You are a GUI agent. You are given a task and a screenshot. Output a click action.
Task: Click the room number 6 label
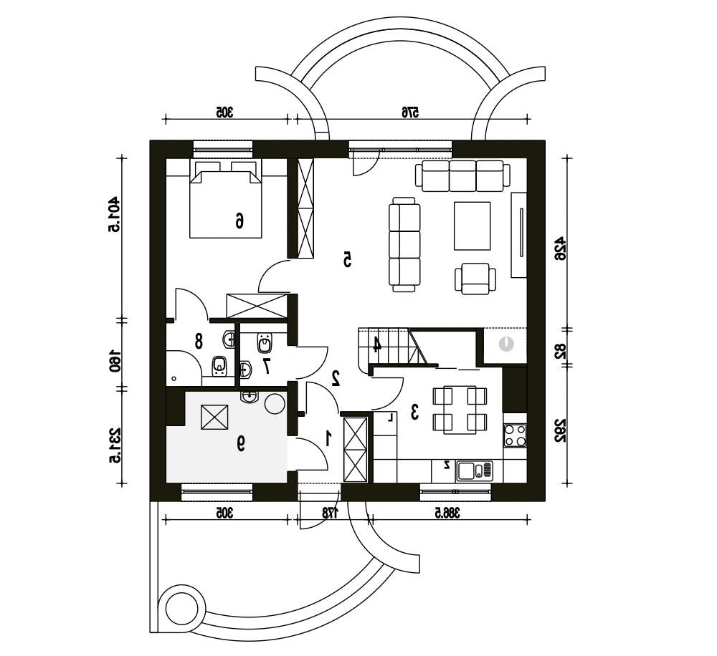click(239, 221)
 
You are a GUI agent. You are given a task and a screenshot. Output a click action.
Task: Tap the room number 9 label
click(240, 443)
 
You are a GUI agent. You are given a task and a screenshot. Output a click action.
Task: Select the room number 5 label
click(347, 259)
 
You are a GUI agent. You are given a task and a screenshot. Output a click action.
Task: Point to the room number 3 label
click(414, 412)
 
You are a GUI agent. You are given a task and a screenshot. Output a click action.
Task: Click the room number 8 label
click(199, 341)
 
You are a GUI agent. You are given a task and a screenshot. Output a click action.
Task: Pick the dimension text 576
click(410, 112)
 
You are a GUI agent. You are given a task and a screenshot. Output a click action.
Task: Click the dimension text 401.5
click(114, 215)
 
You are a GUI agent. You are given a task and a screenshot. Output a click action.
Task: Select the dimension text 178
click(331, 513)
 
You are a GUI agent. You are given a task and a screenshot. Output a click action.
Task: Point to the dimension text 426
click(560, 249)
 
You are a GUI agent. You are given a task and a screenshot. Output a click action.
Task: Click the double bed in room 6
click(226, 199)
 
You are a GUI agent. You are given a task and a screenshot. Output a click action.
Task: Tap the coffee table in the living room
click(472, 226)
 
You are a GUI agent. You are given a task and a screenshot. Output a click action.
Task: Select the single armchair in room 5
click(475, 279)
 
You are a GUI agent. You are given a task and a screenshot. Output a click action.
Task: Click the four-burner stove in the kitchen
click(515, 435)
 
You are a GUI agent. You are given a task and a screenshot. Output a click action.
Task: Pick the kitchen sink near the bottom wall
click(475, 471)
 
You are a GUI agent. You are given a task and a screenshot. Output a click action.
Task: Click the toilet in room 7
click(265, 342)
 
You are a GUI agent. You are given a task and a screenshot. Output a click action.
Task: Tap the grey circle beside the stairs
click(507, 344)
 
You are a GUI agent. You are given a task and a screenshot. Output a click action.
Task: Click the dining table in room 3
click(460, 410)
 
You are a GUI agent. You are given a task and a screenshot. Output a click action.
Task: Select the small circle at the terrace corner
click(181, 607)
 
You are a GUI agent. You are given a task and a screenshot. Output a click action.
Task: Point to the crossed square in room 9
click(214, 417)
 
